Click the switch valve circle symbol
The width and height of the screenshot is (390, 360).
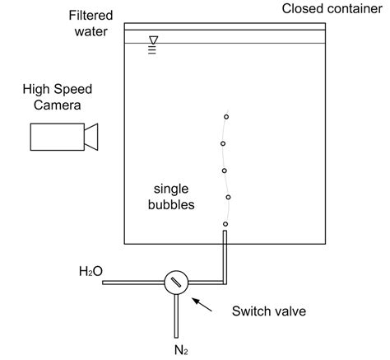175,282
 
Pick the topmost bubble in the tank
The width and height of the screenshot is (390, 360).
226,117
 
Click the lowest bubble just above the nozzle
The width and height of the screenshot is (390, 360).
225,224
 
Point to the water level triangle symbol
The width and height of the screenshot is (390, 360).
152,39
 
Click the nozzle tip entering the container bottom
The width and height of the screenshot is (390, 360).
225,237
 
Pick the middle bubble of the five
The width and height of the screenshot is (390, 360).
225,171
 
